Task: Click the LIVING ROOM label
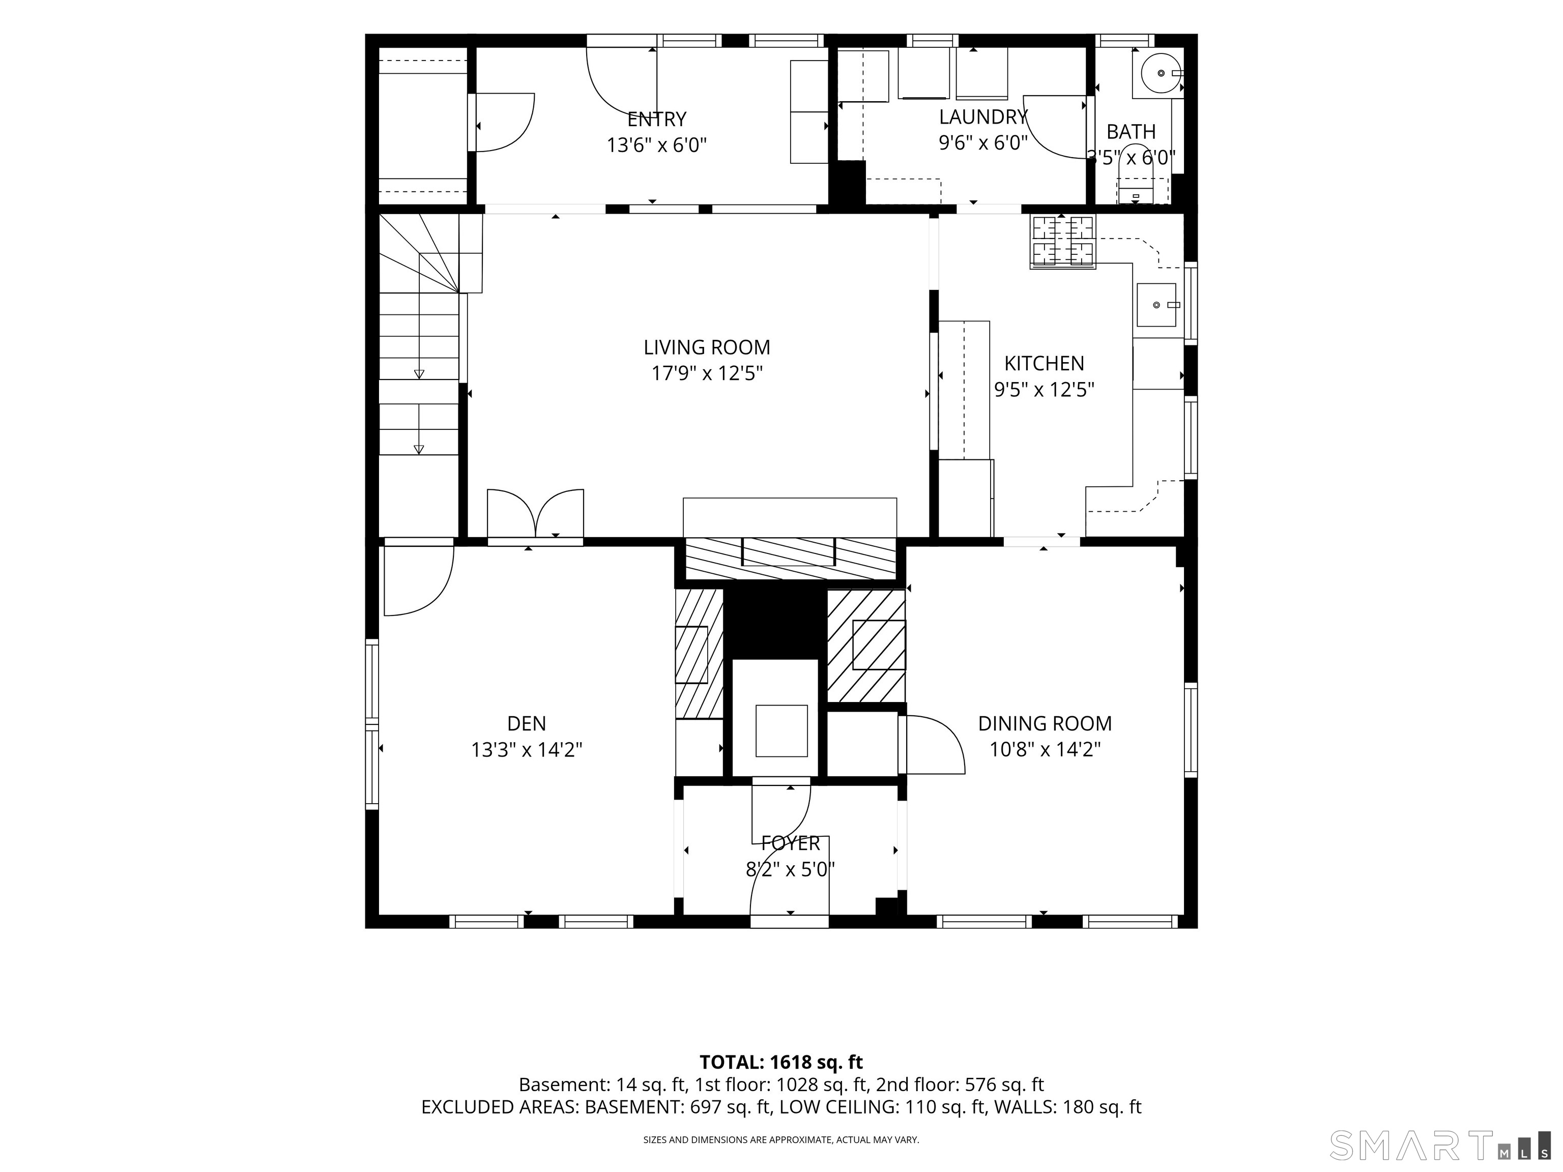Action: click(x=707, y=347)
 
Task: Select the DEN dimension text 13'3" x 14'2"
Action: click(x=527, y=750)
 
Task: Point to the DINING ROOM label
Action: click(x=1045, y=723)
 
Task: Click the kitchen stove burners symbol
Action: click(x=1063, y=242)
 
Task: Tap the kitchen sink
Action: click(x=1156, y=305)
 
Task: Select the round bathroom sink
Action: click(x=1160, y=73)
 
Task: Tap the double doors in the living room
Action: click(x=536, y=514)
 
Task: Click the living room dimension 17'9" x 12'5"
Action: click(x=707, y=373)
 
